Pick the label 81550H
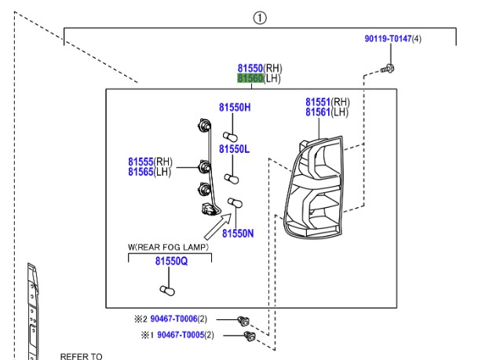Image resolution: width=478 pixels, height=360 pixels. tap(234, 107)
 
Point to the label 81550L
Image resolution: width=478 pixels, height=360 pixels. tap(234, 149)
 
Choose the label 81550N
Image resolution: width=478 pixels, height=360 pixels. tap(237, 233)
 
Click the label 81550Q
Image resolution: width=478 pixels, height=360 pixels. tap(171, 260)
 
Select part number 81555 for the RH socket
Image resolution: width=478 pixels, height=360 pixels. tap(141, 162)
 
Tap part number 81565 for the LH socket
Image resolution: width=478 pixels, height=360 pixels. tap(141, 172)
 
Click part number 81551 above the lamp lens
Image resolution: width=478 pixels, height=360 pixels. tap(319, 102)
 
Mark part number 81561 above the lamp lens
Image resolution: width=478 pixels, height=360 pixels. tap(319, 112)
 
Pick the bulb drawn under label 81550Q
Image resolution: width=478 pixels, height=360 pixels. tap(166, 290)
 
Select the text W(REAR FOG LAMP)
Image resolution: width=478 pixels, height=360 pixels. tap(169, 247)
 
